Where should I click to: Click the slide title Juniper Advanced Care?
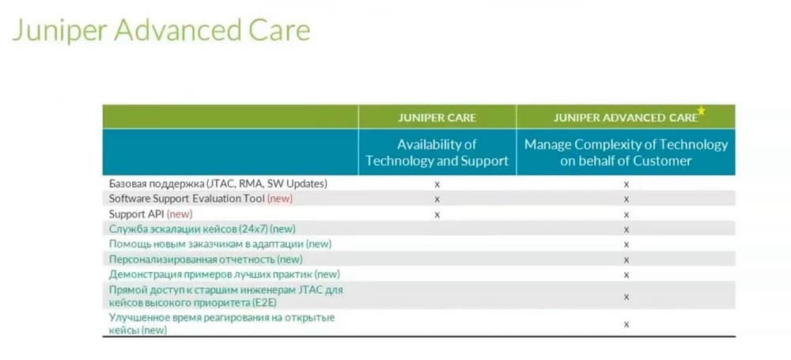(161, 31)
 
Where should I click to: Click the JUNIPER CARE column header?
(437, 118)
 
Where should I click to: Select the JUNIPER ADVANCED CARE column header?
(626, 118)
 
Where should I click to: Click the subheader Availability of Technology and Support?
(437, 153)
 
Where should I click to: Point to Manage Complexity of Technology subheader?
(626, 153)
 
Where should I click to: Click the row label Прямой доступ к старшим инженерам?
(226, 297)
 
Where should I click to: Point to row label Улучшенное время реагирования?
(222, 324)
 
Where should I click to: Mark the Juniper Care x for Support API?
(437, 214)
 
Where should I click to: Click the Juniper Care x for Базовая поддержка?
(437, 184)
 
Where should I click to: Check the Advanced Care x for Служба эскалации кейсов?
(626, 229)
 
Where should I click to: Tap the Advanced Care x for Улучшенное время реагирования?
(626, 324)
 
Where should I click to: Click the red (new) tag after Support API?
(180, 214)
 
